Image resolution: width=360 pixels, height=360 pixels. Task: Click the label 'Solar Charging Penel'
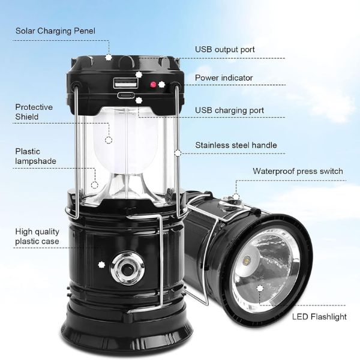click(55, 31)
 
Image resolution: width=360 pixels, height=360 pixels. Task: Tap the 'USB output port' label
click(225, 50)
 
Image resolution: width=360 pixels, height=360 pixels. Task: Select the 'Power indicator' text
click(224, 78)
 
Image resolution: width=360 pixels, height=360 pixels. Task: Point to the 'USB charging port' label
click(229, 110)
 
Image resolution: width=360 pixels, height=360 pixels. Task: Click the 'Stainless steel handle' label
click(236, 145)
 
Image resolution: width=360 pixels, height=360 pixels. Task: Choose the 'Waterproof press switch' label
click(298, 171)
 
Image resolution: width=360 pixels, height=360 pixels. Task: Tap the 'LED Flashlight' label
click(319, 317)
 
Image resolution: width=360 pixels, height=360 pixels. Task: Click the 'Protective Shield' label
click(34, 112)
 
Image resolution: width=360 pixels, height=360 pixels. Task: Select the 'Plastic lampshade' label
click(35, 156)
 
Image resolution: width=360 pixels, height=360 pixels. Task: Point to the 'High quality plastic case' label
click(37, 236)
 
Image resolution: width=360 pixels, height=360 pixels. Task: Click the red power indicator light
click(153, 85)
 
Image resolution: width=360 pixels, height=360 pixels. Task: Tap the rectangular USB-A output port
click(125, 83)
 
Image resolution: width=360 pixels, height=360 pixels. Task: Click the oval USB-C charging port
click(126, 95)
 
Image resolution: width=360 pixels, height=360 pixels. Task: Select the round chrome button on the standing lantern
click(127, 268)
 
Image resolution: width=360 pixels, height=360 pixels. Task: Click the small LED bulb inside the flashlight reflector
click(247, 262)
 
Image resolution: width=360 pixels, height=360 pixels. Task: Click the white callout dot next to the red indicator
click(161, 85)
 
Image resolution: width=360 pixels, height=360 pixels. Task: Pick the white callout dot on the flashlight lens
click(260, 289)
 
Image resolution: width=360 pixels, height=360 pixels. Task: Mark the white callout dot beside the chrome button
click(101, 265)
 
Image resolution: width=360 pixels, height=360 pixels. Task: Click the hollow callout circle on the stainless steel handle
click(178, 153)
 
